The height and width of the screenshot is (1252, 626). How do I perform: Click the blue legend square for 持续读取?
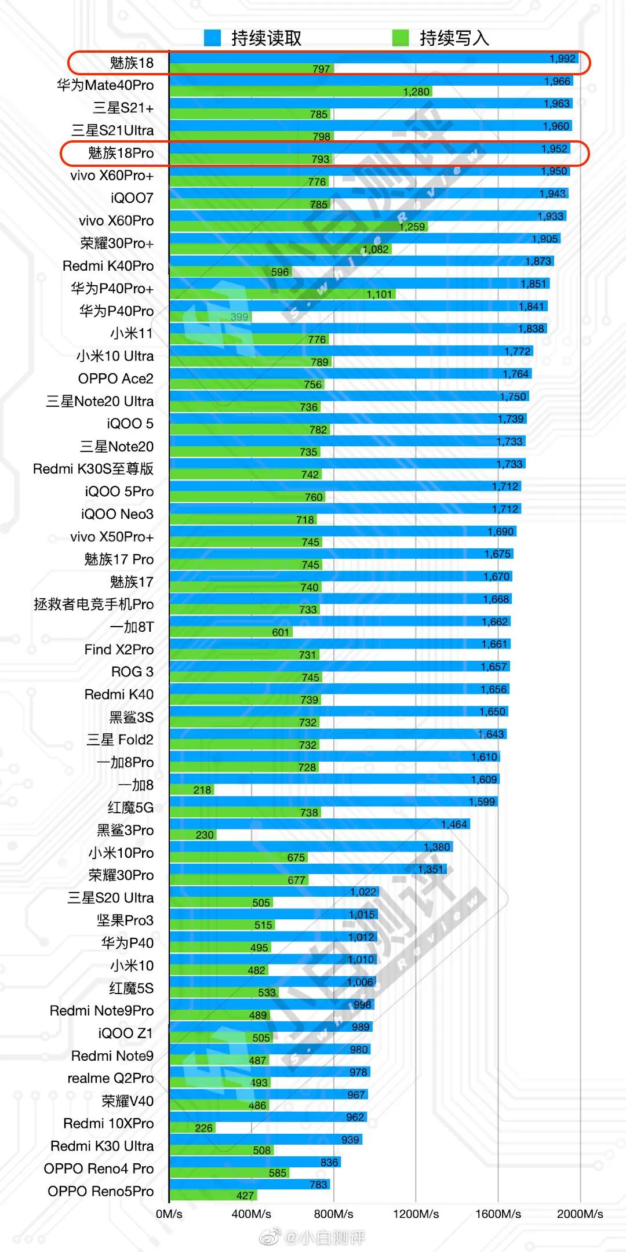pos(213,38)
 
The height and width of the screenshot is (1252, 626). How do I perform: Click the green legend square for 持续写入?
pos(401,38)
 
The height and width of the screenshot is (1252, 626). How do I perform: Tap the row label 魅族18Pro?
pos(121,153)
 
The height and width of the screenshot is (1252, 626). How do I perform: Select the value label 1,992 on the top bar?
pos(562,59)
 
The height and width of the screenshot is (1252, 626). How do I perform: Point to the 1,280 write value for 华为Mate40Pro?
pos(416,92)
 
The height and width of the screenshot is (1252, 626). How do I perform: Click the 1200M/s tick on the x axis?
pos(416,1214)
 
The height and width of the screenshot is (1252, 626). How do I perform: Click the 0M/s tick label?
pos(169,1214)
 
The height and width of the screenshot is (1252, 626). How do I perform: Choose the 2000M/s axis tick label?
pos(580,1214)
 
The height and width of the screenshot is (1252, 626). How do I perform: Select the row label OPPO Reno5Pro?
pos(101,1191)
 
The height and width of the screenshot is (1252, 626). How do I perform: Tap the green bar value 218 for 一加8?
pos(202,789)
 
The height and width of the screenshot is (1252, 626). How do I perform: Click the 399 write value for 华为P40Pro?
pos(239,316)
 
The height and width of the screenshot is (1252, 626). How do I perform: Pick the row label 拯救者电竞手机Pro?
pos(94,604)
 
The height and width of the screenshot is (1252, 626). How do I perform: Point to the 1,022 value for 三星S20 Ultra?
pos(363,891)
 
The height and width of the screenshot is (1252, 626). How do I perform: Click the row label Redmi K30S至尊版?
pos(93,469)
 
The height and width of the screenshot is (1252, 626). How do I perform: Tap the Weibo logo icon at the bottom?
pos(270,1238)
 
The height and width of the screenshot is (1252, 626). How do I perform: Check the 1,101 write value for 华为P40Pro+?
pos(379,294)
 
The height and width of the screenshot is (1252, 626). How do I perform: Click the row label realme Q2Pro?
pos(111,1078)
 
